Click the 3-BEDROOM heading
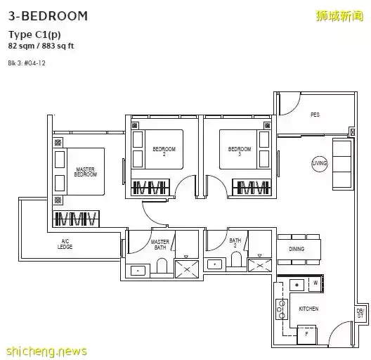point(48,15)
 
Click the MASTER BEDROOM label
point(86,172)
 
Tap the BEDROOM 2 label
point(164,151)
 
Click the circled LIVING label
point(320,164)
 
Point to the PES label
point(315,114)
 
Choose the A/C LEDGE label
point(65,245)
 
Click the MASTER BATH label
point(160,244)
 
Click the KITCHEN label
point(308,309)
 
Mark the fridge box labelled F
point(307,335)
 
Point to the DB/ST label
point(360,314)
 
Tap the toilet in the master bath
point(161,266)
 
